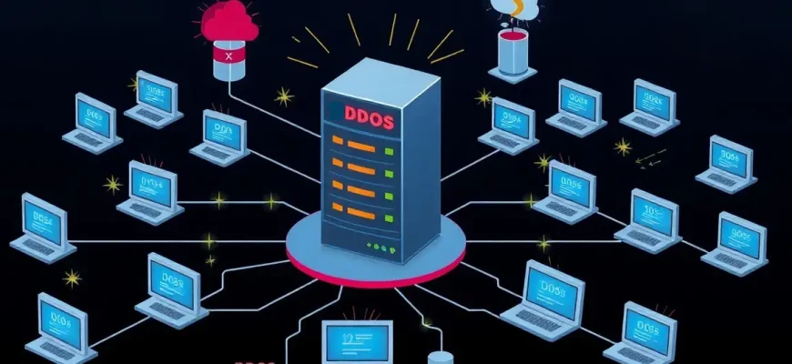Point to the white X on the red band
[228, 55]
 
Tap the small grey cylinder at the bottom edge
[442, 357]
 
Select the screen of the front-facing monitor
[357, 345]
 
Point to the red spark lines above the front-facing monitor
[357, 311]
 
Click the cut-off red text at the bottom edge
[255, 359]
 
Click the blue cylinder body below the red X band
[228, 69]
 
